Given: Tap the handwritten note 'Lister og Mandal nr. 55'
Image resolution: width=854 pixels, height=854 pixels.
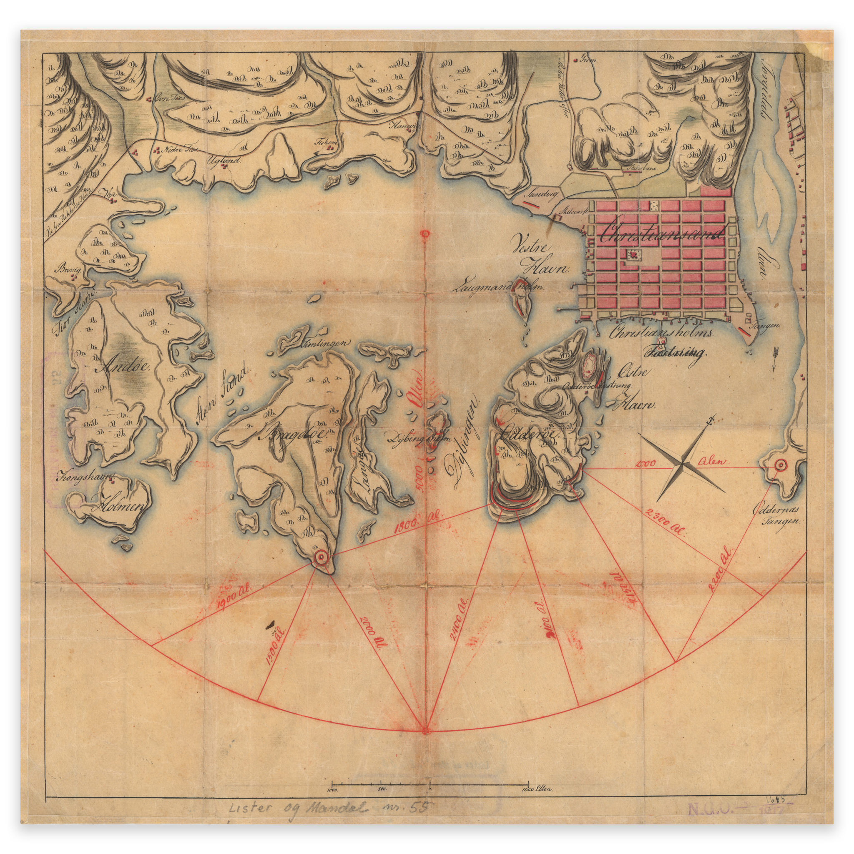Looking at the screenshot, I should click(x=325, y=809).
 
